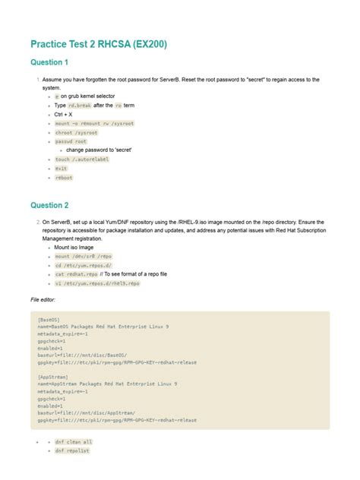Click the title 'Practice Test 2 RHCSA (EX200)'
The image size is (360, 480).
[x=98, y=45]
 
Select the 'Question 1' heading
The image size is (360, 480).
[x=49, y=62]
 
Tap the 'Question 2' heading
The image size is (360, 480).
[x=49, y=205]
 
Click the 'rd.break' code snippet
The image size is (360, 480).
[x=77, y=106]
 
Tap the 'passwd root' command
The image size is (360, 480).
[x=71, y=141]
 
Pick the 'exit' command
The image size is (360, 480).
[x=61, y=168]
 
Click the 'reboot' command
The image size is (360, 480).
[x=64, y=177]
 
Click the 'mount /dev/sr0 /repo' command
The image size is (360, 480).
[x=84, y=257]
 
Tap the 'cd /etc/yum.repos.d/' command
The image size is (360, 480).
[x=83, y=266]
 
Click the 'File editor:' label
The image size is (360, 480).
[x=47, y=300]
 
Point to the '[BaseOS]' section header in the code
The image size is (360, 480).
[x=49, y=320]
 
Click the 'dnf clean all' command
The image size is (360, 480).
[x=74, y=441]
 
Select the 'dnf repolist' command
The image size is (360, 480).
[x=72, y=450]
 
